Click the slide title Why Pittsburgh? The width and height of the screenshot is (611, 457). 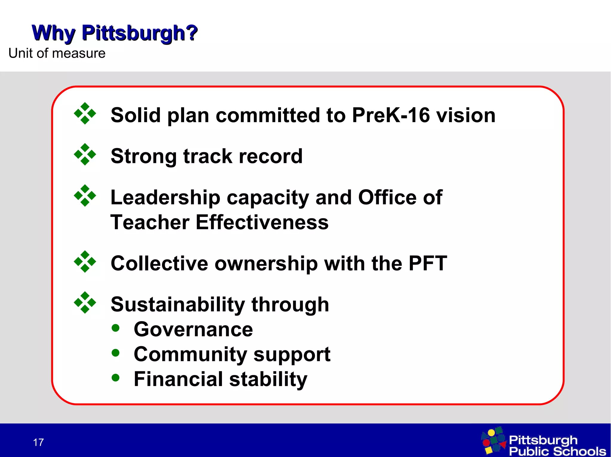click(x=115, y=33)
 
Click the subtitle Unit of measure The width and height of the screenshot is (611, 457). click(x=57, y=53)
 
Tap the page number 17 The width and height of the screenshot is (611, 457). click(x=38, y=442)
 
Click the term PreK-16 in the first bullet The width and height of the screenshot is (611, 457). click(x=391, y=115)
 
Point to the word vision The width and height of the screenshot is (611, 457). click(x=466, y=115)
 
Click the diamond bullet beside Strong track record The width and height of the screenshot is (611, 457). click(x=85, y=154)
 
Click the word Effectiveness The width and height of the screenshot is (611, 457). click(x=262, y=222)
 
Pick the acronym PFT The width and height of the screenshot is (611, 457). click(x=428, y=263)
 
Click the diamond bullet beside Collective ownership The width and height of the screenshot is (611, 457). click(x=85, y=262)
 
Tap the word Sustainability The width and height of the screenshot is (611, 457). click(x=178, y=304)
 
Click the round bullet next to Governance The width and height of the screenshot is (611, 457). click(x=115, y=328)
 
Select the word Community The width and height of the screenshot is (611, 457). click(x=190, y=354)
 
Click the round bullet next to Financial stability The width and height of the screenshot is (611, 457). click(x=115, y=378)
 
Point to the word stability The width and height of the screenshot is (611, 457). click(x=268, y=379)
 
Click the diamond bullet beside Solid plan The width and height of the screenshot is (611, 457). click(x=85, y=113)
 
